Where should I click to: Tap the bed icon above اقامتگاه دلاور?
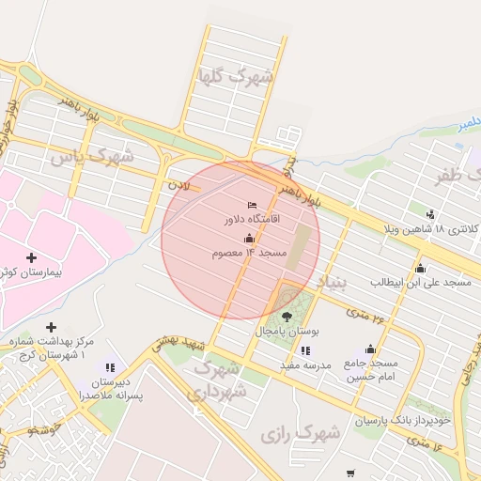point(251,204)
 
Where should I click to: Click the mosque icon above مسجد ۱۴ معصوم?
point(248,240)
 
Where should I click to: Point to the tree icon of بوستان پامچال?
point(286,318)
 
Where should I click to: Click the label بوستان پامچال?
point(287,333)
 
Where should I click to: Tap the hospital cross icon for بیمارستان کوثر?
point(32,257)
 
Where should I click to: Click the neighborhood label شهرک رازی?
point(301,434)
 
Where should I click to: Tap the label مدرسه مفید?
point(306,365)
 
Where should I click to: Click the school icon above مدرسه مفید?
point(306,350)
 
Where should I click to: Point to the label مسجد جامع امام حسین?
point(369,369)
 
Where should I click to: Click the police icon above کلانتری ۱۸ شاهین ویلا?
point(430,215)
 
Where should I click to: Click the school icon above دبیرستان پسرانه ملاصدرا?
point(111,367)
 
